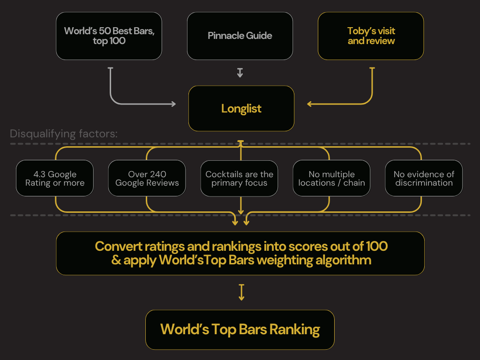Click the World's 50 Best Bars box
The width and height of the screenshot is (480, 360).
click(x=109, y=36)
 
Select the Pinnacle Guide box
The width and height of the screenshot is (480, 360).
click(x=240, y=36)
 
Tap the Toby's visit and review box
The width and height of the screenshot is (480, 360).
click(x=371, y=36)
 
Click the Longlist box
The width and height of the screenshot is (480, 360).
click(x=241, y=109)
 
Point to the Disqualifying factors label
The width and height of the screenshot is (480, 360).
click(x=64, y=134)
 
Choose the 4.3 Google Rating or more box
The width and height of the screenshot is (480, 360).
click(x=55, y=179)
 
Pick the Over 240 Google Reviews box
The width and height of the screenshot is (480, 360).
click(x=147, y=179)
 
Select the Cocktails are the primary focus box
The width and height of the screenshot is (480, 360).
click(x=239, y=179)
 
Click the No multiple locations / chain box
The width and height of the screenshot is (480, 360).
click(x=331, y=179)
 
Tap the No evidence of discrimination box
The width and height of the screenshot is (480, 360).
click(x=424, y=179)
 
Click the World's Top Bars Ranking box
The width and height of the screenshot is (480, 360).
click(x=240, y=330)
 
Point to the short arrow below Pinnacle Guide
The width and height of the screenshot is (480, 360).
click(x=240, y=73)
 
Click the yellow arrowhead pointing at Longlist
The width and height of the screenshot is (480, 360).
click(x=310, y=104)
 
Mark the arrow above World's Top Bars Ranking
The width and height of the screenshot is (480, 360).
click(x=241, y=292)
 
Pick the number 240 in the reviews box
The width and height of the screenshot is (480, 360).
click(x=157, y=174)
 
